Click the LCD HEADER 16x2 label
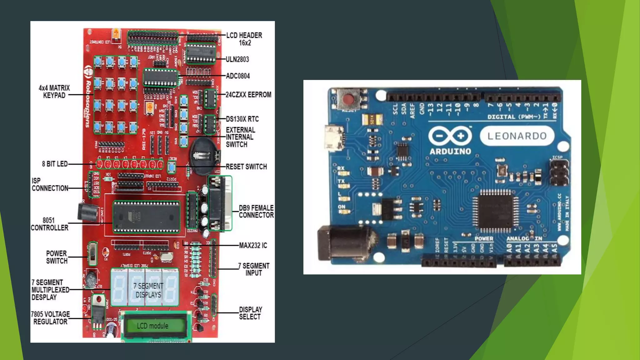244,39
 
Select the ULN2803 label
237,59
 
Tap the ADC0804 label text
238,76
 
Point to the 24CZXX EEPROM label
248,95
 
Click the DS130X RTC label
242,119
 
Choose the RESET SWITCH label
246,167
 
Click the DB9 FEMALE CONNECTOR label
256,212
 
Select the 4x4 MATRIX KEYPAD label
54,92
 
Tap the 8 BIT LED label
55,164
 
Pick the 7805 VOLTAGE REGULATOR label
50,318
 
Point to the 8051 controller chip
146,217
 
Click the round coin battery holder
204,156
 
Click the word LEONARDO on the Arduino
517,136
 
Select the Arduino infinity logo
450,136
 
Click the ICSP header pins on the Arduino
559,173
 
